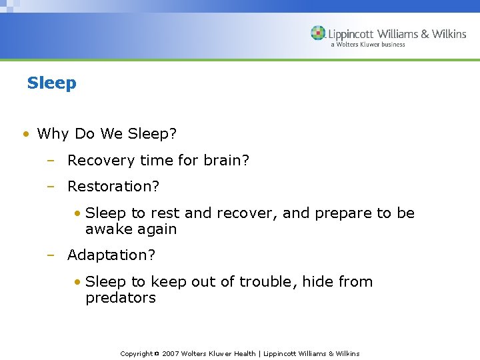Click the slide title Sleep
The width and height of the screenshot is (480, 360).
pyautogui.click(x=51, y=83)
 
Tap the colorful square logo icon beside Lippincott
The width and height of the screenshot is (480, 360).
pyautogui.click(x=318, y=33)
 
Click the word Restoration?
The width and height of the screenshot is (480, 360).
pyautogui.click(x=113, y=187)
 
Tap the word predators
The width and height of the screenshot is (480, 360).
pyautogui.click(x=121, y=298)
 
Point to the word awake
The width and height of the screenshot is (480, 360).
pyautogui.click(x=108, y=229)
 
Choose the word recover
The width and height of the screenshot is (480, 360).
pyautogui.click(x=247, y=213)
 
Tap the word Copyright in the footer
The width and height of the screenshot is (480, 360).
pyautogui.click(x=136, y=354)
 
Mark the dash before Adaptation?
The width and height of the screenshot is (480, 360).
pyautogui.click(x=50, y=255)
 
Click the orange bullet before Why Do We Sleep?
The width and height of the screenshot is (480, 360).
pyautogui.click(x=25, y=134)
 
